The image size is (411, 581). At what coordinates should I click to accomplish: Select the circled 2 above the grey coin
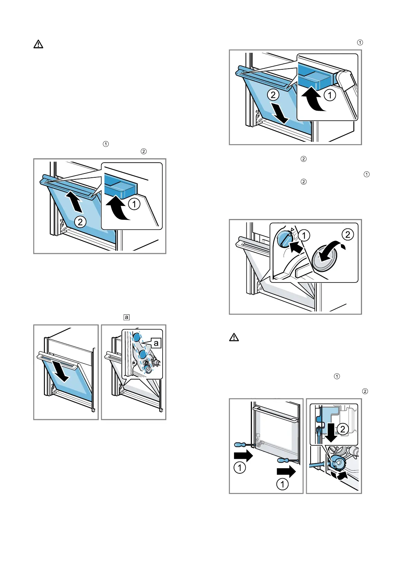tap(348, 235)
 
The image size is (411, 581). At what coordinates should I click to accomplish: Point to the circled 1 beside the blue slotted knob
tap(304, 236)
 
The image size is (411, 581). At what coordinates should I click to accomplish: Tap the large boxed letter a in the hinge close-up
tap(156, 343)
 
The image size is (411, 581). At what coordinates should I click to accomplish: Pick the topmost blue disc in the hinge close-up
tap(137, 337)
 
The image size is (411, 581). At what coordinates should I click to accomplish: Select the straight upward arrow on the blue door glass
tap(75, 202)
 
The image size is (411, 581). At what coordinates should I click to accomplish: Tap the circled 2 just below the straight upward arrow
tap(80, 222)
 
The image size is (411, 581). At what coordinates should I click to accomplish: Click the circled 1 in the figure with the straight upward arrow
tap(134, 204)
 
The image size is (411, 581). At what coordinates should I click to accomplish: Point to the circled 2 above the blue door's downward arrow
tap(273, 95)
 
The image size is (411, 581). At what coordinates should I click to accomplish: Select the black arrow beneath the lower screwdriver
tap(286, 471)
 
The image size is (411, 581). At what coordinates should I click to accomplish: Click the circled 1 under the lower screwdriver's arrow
tap(282, 484)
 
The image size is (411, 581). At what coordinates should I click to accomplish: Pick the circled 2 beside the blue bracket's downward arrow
tap(342, 429)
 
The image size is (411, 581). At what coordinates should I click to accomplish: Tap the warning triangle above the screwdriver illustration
tap(234, 337)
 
